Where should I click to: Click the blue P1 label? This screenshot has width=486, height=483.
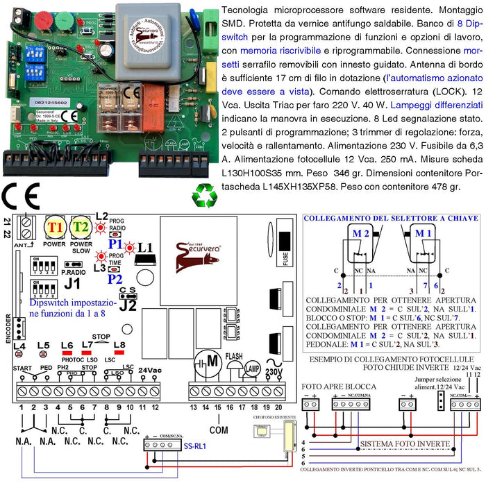pyautogui.click(x=115, y=245)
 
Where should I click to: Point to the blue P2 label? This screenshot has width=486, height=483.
pyautogui.click(x=115, y=278)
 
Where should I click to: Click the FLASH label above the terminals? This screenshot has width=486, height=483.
pyautogui.click(x=233, y=356)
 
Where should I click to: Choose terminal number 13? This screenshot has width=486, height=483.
pyautogui.click(x=193, y=407)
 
